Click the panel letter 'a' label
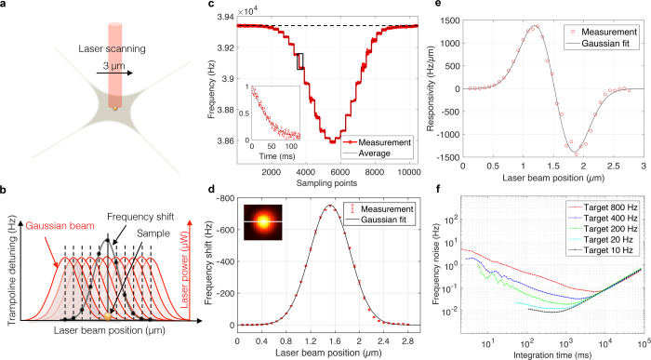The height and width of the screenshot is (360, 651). coord(6,7)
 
